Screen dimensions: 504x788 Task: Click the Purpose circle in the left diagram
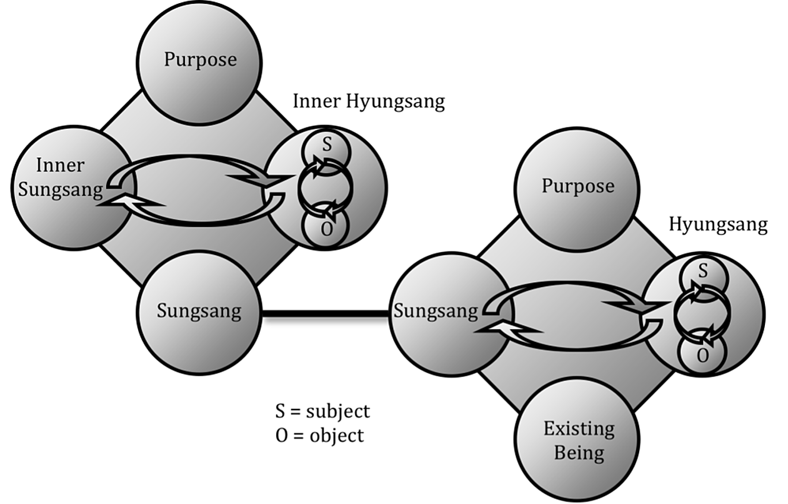pos(200,59)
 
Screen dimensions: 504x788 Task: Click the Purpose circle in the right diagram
pos(577,186)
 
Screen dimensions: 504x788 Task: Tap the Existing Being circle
pos(578,440)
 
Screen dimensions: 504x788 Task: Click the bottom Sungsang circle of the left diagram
pos(199,312)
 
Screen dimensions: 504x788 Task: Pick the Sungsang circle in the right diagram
pos(437,311)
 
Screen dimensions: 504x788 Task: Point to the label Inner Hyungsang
pos(369,102)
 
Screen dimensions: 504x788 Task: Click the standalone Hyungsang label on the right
pos(718,225)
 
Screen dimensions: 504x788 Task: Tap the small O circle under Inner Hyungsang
pos(326,228)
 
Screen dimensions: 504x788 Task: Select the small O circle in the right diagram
pos(702,355)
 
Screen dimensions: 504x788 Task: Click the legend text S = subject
pos(322,411)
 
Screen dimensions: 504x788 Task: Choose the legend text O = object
pos(319,435)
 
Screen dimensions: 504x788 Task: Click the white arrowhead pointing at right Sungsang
pos(497,331)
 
